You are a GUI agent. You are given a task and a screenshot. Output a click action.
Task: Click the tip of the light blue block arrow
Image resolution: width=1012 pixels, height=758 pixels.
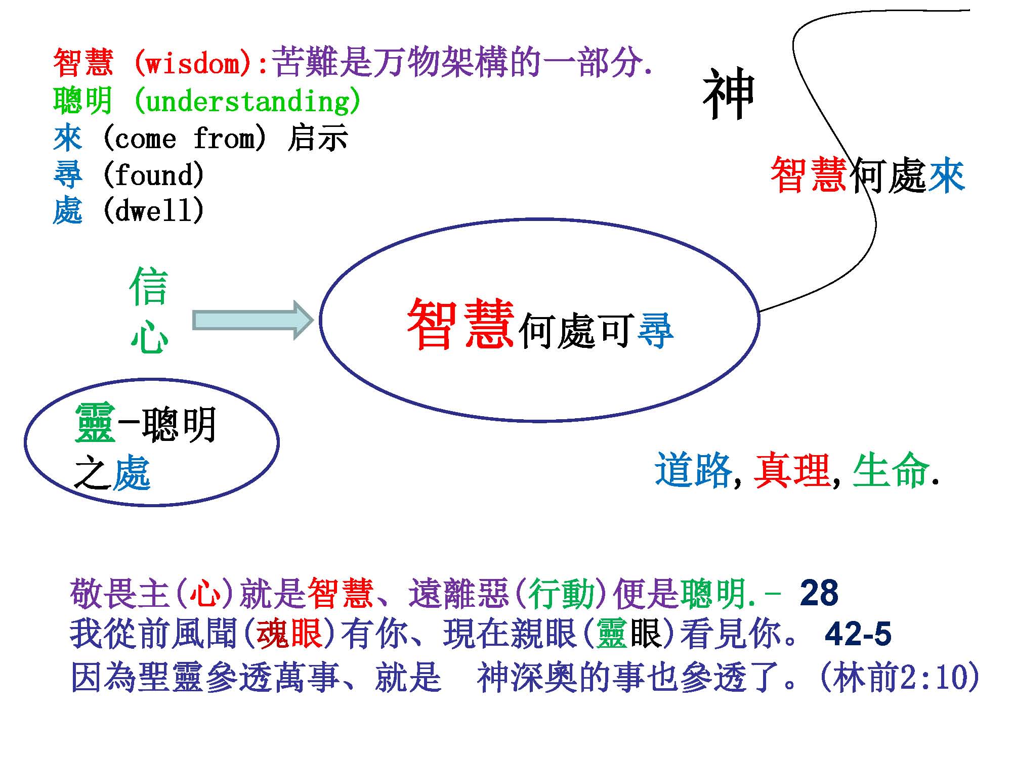pyautogui.click(x=314, y=320)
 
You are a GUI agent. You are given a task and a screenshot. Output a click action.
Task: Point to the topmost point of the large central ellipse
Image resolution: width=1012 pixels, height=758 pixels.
pyautogui.click(x=541, y=219)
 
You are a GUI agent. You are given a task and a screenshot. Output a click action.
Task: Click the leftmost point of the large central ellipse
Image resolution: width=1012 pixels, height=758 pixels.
pyautogui.click(x=320, y=320)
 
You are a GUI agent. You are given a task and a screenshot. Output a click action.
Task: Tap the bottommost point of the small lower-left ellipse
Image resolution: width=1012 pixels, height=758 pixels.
pyautogui.click(x=152, y=505)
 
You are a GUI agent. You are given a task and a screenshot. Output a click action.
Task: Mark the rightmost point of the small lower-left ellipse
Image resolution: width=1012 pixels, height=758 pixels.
pyautogui.click(x=279, y=442)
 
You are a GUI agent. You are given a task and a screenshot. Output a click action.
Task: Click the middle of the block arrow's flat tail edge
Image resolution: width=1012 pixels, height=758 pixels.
pyautogui.click(x=193, y=320)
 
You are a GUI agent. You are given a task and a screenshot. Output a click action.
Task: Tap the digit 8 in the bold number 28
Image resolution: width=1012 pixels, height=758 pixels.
pyautogui.click(x=828, y=593)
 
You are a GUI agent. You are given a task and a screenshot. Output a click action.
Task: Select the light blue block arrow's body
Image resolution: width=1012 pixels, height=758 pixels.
pyautogui.click(x=253, y=320)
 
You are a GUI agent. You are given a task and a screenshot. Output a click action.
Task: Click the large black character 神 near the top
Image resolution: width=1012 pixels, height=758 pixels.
pyautogui.click(x=729, y=94)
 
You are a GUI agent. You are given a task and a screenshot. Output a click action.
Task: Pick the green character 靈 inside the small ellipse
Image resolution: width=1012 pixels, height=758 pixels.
pyautogui.click(x=95, y=424)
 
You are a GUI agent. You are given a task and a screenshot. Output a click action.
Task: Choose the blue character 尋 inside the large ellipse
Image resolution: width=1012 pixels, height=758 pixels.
pyautogui.click(x=655, y=331)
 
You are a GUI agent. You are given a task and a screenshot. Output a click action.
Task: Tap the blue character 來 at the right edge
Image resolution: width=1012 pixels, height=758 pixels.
pyautogui.click(x=946, y=175)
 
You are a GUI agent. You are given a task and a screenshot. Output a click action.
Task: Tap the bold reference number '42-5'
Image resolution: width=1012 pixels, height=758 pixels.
pyautogui.click(x=858, y=634)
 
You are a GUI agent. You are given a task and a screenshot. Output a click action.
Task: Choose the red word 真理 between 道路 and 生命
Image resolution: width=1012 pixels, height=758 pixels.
pyautogui.click(x=792, y=470)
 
